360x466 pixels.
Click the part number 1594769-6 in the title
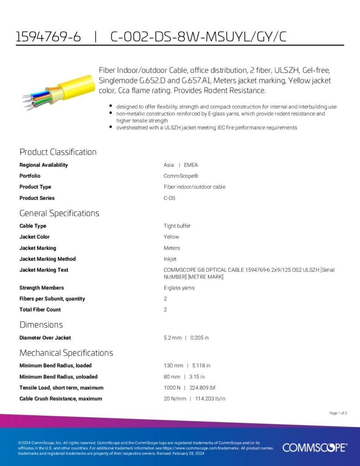pos(48,37)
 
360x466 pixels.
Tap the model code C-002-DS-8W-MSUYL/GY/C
pos(198,37)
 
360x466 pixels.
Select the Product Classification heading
pos(58,152)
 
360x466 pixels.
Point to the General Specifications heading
pos(59,213)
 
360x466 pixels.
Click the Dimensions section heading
pos(41,324)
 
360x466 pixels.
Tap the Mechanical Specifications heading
pos(66,353)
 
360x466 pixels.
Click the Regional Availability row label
pos(44,165)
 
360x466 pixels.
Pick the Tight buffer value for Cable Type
pos(177,226)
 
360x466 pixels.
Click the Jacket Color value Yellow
pos(171,237)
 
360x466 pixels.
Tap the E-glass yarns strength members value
pos(179,288)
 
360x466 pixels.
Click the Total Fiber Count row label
pos(40,309)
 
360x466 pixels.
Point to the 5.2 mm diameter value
pos(172,338)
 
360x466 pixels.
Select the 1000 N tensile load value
pos(172,388)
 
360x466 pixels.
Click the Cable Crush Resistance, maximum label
pos(61,399)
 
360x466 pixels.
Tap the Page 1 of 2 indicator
pos(338,413)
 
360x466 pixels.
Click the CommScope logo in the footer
pos(314,447)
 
